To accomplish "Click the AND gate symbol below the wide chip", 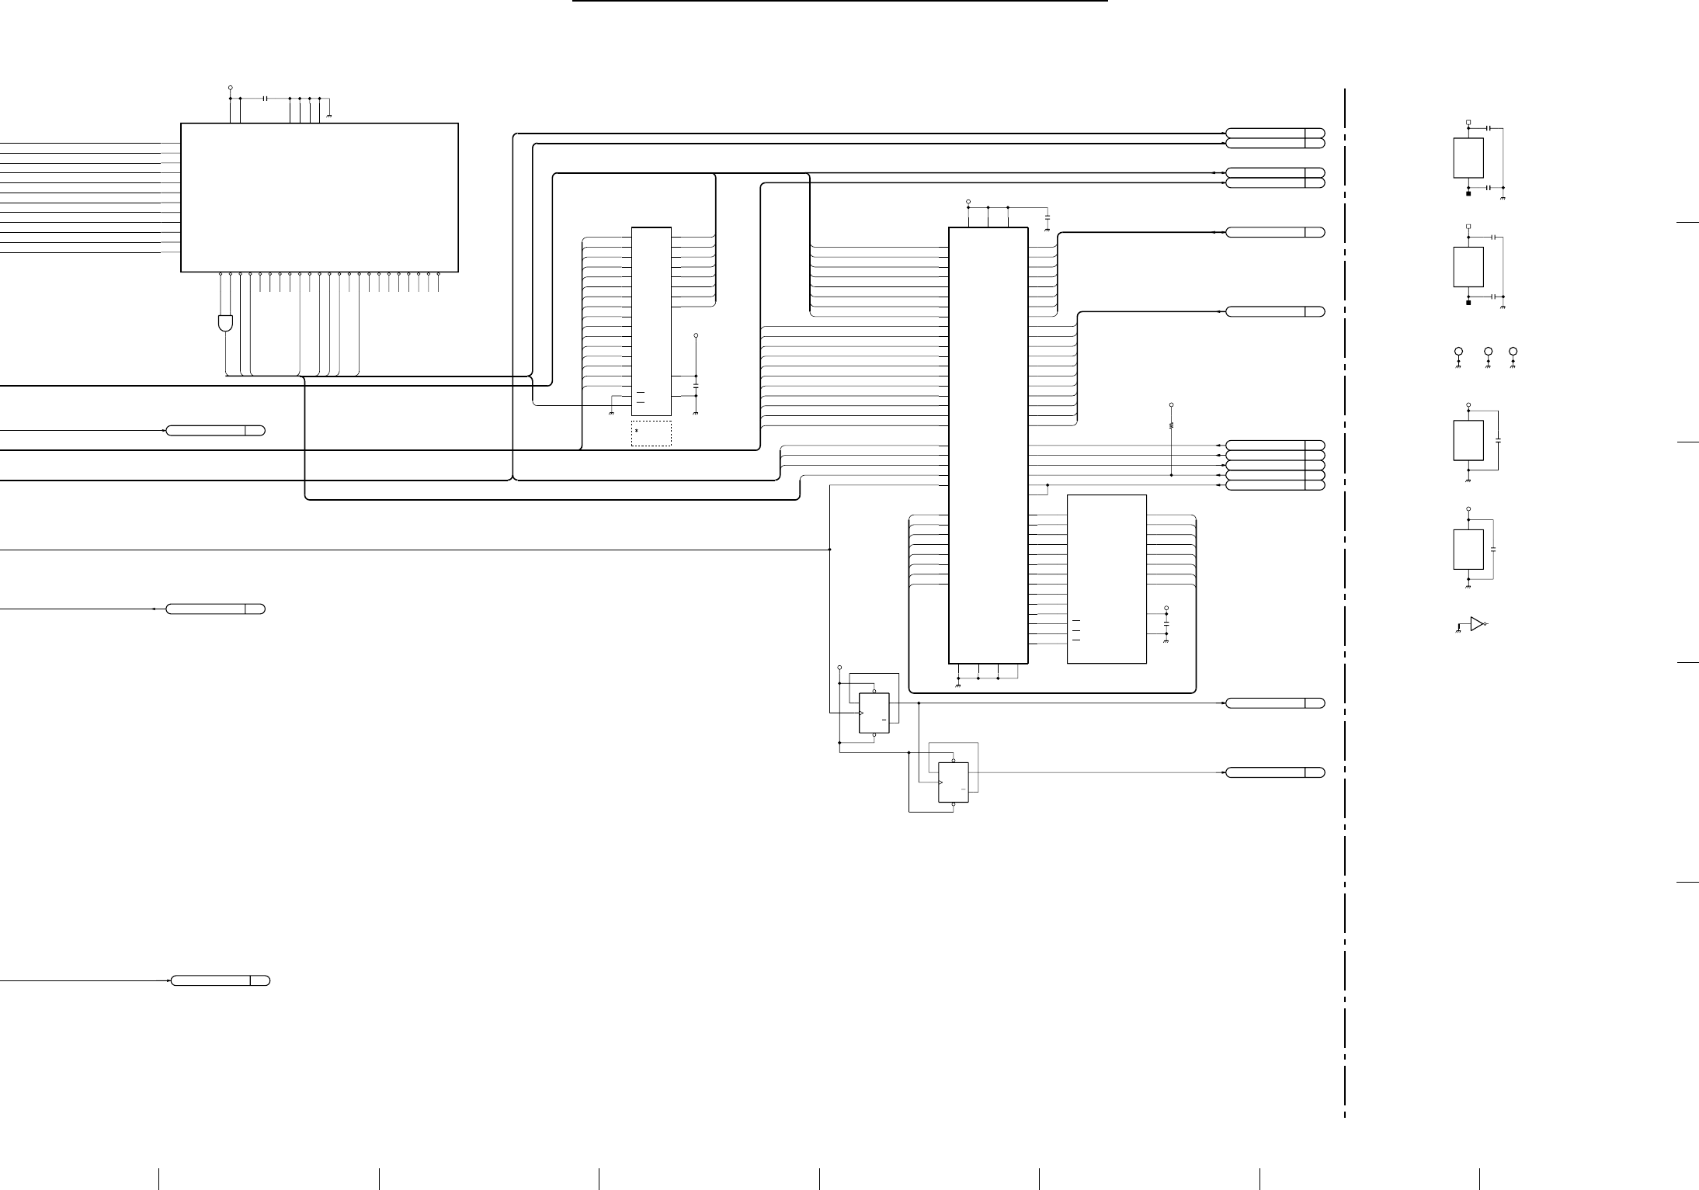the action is pos(225,323).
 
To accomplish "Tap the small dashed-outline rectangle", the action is pos(651,434).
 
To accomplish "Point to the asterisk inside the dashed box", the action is pos(637,430).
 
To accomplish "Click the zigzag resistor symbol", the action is pos(1171,425).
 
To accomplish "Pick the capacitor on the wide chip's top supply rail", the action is pos(266,99).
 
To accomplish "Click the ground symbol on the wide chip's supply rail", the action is pos(330,115).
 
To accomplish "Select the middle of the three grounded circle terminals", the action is pos(1488,352).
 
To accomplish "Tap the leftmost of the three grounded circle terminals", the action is pos(1458,352).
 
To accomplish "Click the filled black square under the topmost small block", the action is pos(1468,194).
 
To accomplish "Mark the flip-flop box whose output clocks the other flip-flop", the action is pos(874,713).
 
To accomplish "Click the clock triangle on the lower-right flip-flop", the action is pos(941,782).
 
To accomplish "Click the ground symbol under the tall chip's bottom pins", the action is pos(957,686).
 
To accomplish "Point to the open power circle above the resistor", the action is pos(1171,404).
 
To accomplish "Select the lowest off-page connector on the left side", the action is pos(220,980).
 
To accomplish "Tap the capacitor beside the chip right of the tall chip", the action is pos(1166,623).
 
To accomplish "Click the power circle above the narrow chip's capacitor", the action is pos(696,335).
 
